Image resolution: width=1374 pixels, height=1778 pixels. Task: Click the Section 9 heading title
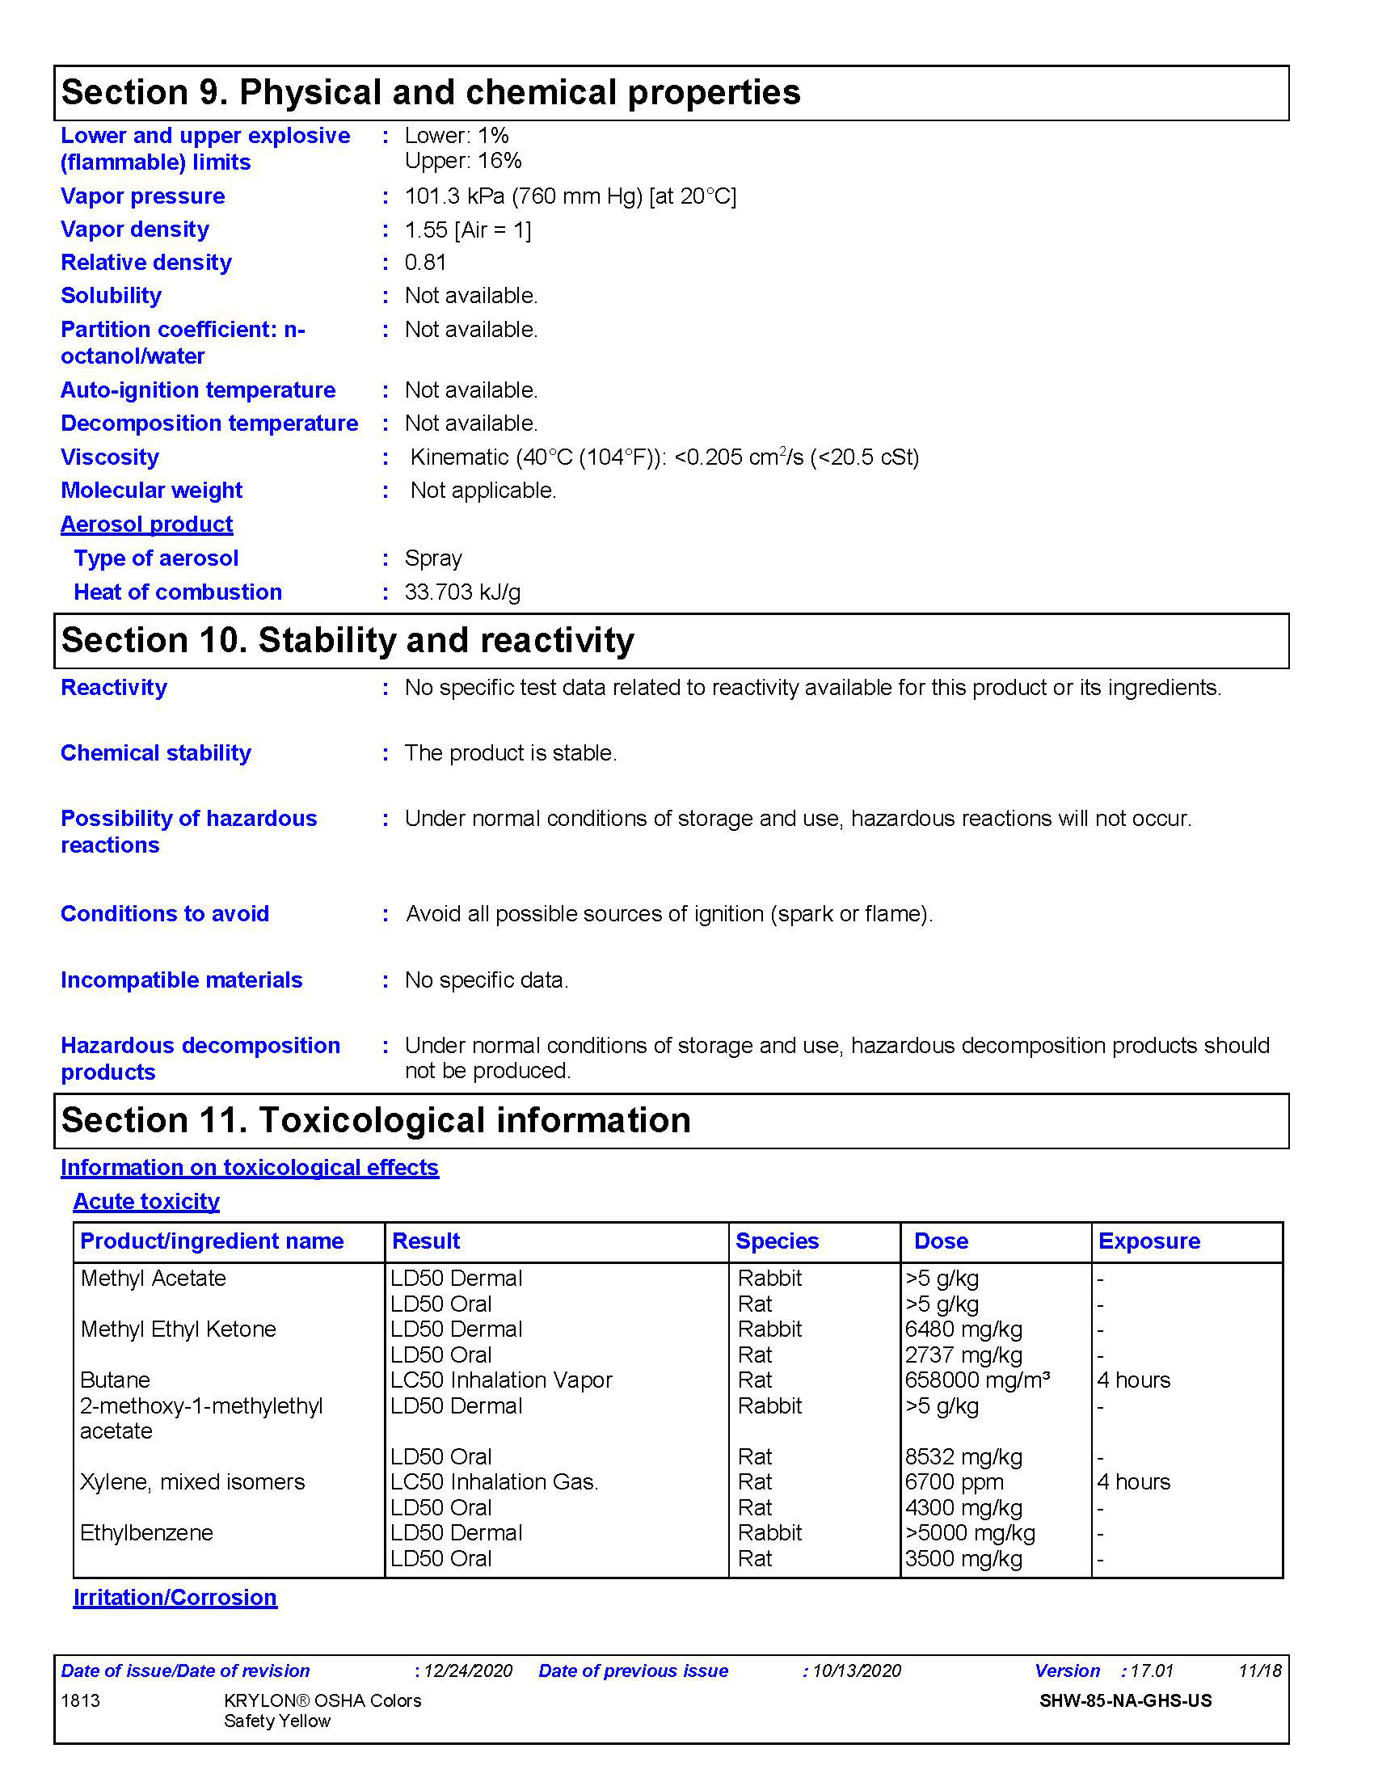(x=431, y=92)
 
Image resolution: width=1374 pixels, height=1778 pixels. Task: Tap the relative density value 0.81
(x=425, y=262)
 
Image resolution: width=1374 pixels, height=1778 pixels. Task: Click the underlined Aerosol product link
(x=146, y=525)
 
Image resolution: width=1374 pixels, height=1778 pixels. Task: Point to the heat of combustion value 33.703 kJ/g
(x=462, y=592)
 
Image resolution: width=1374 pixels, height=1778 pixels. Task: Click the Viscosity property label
(x=110, y=457)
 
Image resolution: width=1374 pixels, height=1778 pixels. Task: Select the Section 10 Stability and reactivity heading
(x=348, y=640)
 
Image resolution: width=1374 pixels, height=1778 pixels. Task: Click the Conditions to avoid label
(x=164, y=913)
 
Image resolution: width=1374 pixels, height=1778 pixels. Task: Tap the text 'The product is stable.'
(x=510, y=752)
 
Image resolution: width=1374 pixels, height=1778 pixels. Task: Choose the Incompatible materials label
(x=182, y=980)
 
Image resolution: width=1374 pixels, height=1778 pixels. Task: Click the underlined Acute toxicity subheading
(x=146, y=1201)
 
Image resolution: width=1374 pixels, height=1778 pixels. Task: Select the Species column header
(x=777, y=1241)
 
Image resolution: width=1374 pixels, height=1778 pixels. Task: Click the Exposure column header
(x=1149, y=1241)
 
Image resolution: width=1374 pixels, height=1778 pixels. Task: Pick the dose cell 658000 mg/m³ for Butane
(x=977, y=1380)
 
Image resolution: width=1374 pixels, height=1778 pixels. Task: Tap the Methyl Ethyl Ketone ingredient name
(x=179, y=1329)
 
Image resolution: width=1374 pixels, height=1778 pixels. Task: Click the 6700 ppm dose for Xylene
(x=954, y=1481)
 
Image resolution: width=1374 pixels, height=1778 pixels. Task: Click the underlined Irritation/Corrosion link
(x=175, y=1597)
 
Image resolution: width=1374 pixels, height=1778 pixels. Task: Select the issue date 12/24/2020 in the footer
(x=468, y=1671)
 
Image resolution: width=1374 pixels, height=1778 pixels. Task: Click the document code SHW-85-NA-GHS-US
(x=1125, y=1700)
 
